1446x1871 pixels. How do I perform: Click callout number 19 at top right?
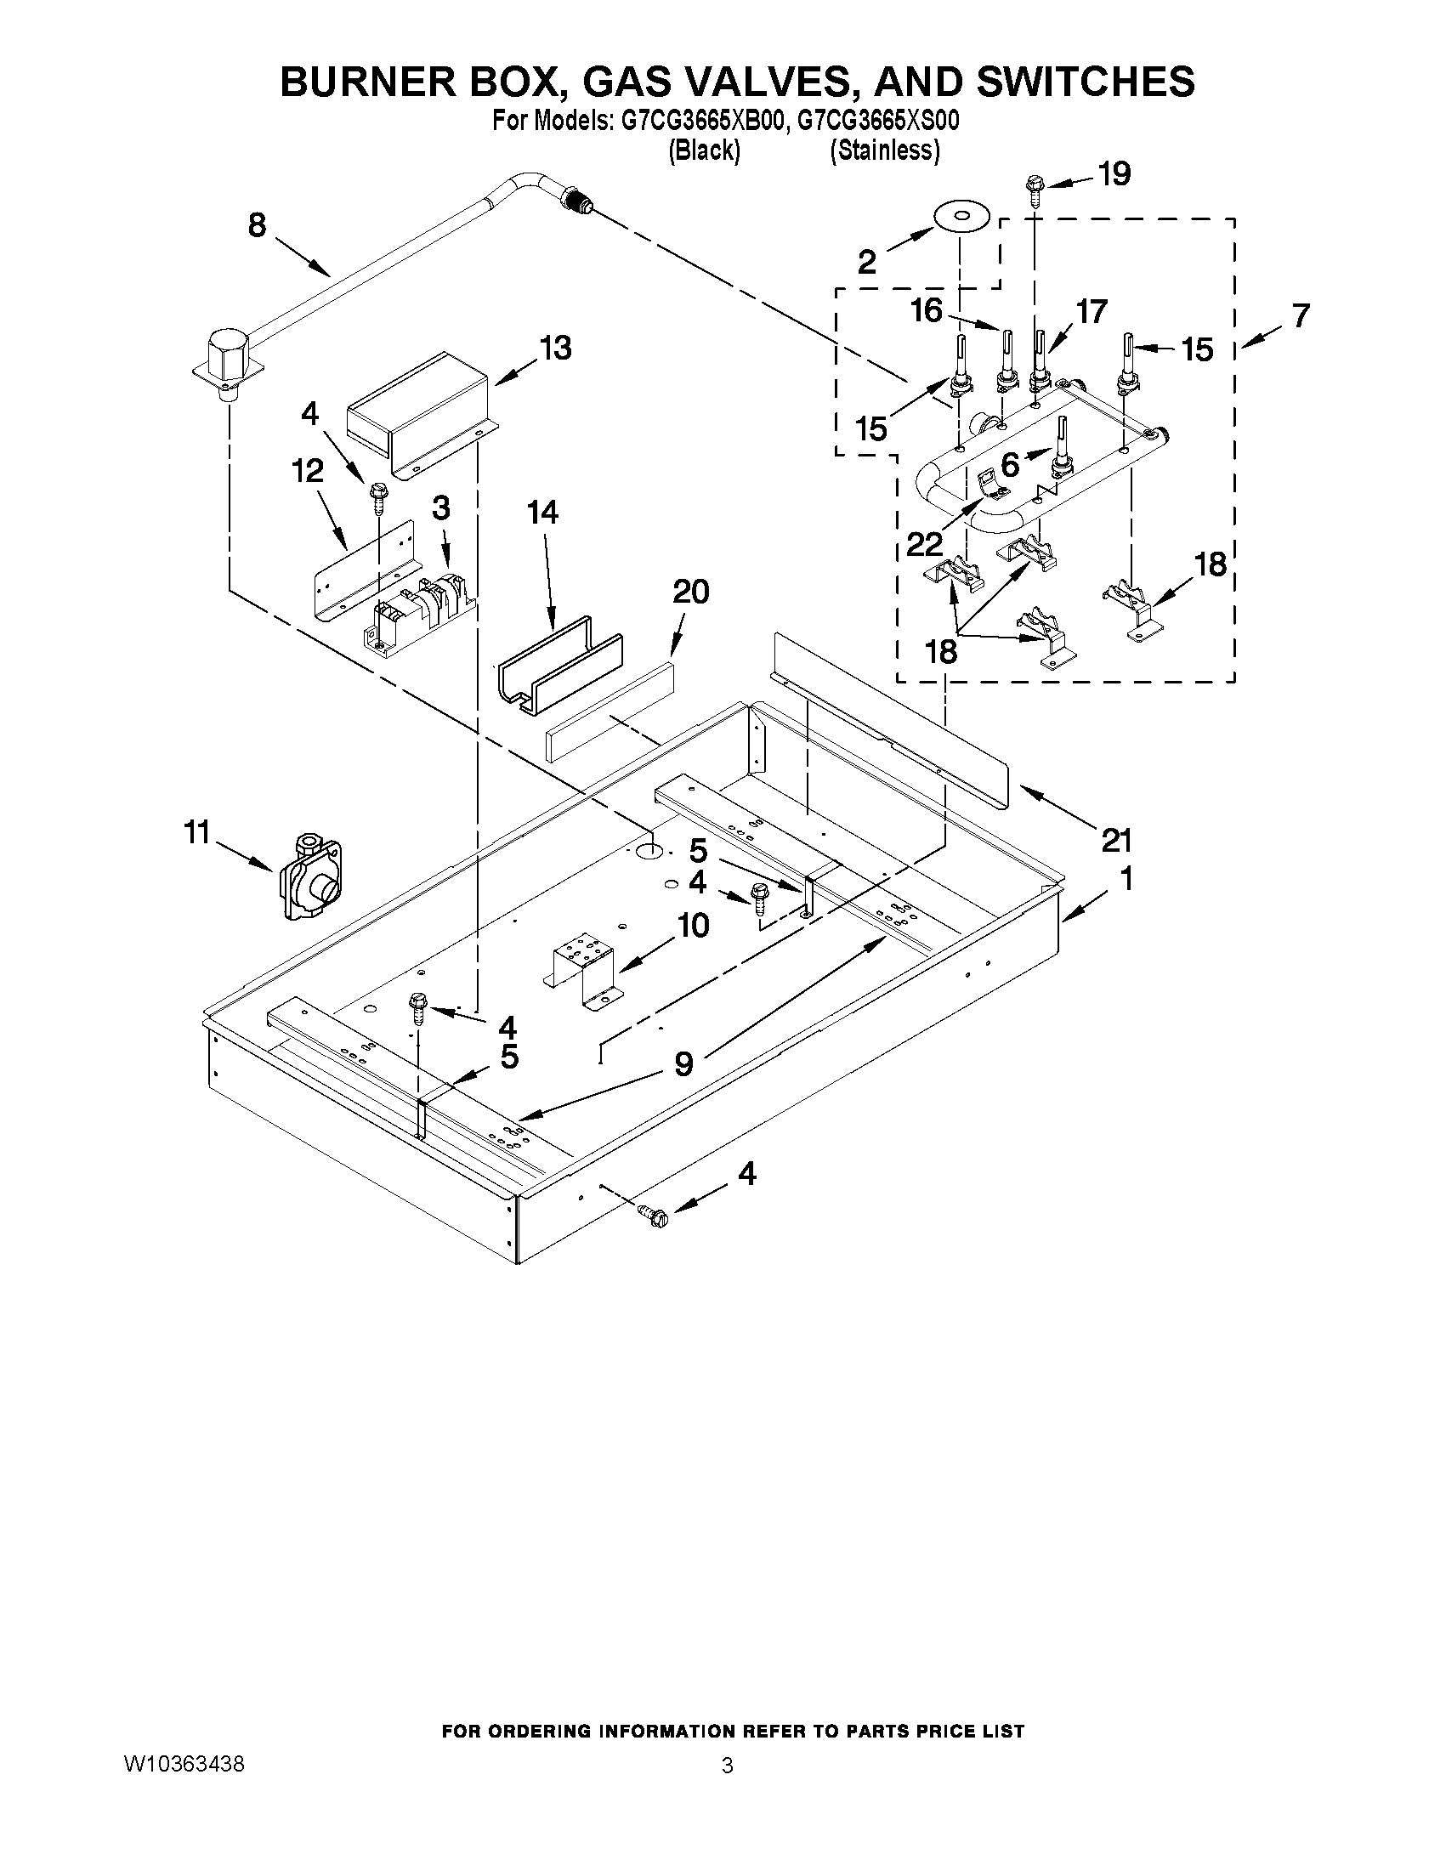tap(1114, 175)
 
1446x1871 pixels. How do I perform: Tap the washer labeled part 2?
tap(961, 215)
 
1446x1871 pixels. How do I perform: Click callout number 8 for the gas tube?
tap(257, 225)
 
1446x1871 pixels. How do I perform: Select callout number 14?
tap(542, 513)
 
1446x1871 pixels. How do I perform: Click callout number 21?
tap(1116, 841)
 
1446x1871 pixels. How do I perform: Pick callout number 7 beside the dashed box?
tap(1301, 316)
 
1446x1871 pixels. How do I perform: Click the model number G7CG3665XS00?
tap(877, 122)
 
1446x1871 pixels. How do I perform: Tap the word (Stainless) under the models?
tap(884, 150)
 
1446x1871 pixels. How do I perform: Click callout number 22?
tap(924, 543)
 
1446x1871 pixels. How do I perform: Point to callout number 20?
tap(690, 591)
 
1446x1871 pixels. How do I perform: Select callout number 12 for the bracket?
tap(308, 470)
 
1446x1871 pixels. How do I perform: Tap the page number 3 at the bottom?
tap(727, 1766)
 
